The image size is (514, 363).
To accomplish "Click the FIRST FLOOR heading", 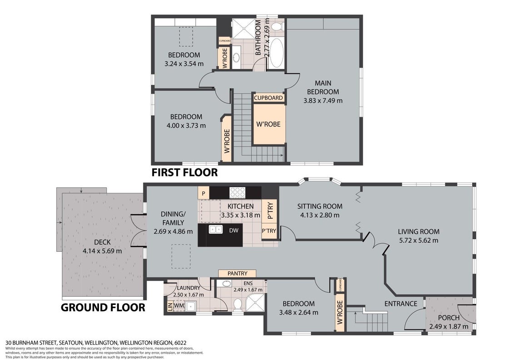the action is click(184, 172).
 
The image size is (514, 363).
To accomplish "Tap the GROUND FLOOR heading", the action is click(103, 307).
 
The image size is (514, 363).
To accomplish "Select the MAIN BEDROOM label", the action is click(323, 88).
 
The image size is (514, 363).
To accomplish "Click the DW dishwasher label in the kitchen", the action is click(234, 231).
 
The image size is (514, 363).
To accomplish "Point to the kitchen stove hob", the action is click(237, 193).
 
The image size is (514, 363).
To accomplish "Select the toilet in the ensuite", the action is click(237, 304).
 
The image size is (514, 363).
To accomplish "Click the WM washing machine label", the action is click(178, 305).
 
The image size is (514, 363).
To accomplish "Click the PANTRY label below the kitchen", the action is click(237, 273).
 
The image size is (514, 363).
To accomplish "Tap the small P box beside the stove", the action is click(203, 193).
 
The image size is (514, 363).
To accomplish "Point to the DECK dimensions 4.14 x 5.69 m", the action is click(102, 251).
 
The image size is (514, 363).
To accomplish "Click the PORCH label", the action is click(449, 318).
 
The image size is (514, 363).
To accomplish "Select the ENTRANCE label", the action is click(400, 304).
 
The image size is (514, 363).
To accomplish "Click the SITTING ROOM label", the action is click(320, 206).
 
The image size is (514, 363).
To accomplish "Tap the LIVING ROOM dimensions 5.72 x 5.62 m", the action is click(419, 240).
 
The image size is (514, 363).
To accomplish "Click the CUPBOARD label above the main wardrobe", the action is click(268, 98).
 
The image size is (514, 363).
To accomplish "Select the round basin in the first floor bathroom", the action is click(237, 59).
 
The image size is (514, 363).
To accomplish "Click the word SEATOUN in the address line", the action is click(71, 343).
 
